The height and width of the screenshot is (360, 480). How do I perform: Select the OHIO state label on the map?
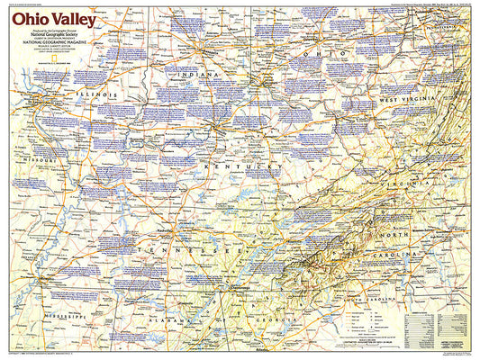(x=325, y=53)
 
